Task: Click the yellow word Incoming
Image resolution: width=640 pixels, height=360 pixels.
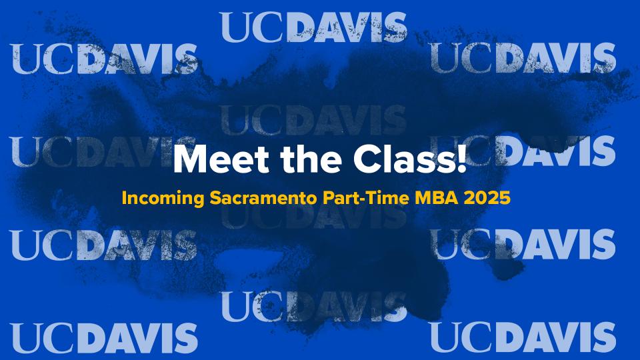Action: [163, 199]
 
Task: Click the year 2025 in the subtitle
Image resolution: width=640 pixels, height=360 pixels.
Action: [487, 199]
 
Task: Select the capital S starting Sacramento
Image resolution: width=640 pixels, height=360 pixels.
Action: [215, 199]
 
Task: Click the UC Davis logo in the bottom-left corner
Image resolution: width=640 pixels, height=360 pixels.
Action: [104, 338]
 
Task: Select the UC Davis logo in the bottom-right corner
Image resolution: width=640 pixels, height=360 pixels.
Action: [523, 337]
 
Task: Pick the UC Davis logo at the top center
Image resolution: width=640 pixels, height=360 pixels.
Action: [313, 27]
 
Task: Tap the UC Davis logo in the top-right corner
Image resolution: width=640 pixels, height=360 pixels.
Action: [523, 58]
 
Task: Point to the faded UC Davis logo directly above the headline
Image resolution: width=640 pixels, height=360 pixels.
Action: [313, 121]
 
